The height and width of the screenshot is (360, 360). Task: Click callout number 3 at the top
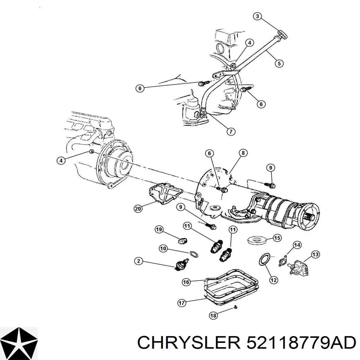click(x=258, y=16)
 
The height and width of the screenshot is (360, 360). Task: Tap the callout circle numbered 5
click(x=279, y=64)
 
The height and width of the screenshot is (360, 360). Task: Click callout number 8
click(x=243, y=153)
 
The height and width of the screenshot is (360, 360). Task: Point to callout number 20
click(x=138, y=208)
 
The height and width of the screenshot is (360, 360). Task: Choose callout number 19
click(x=159, y=229)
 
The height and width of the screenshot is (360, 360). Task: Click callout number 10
click(x=163, y=249)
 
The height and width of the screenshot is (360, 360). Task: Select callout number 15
click(x=277, y=238)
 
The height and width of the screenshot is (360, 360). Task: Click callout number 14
click(x=297, y=245)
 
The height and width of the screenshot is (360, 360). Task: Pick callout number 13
click(x=315, y=255)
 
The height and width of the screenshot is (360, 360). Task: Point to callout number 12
click(x=274, y=285)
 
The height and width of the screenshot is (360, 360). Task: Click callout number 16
click(x=186, y=287)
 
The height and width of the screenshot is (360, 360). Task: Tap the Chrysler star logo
click(x=19, y=343)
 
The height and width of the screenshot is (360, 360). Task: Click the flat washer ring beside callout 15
click(x=257, y=240)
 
